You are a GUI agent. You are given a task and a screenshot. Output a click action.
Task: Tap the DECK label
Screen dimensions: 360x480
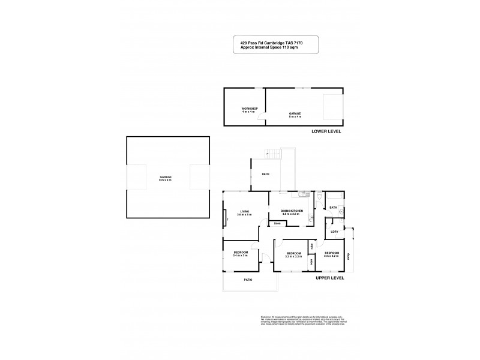[x=265, y=175]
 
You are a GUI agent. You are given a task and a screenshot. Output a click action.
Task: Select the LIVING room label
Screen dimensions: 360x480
[x=244, y=211]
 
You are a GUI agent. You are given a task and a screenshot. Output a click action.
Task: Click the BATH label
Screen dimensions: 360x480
[x=333, y=208]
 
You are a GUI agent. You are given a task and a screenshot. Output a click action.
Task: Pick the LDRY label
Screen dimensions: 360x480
[x=334, y=231]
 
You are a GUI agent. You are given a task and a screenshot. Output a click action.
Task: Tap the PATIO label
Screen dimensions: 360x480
[x=248, y=280]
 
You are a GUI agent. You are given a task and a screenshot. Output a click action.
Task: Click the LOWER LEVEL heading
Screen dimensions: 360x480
[x=326, y=131]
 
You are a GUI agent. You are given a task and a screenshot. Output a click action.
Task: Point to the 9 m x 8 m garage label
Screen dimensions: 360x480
[x=166, y=178]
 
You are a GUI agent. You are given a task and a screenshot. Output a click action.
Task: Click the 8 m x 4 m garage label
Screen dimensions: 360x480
[x=295, y=114]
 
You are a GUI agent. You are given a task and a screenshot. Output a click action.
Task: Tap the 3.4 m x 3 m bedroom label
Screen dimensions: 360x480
[x=241, y=254]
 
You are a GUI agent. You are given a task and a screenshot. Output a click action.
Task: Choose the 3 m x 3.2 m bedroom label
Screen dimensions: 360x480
[x=332, y=254]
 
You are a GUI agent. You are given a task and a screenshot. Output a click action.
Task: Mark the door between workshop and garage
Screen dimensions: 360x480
[x=263, y=119]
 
